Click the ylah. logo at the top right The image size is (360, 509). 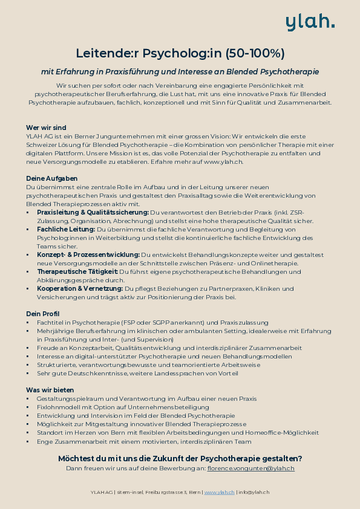310,22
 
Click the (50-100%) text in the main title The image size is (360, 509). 255,53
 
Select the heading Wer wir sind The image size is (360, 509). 46,128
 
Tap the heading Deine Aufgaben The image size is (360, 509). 51,178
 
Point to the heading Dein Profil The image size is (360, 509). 42,314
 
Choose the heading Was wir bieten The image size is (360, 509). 50,390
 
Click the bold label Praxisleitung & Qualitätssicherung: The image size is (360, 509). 93,213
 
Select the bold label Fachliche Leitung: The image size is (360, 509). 65,230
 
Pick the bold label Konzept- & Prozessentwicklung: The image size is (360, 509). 88,255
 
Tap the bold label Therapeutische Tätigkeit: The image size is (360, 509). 77,272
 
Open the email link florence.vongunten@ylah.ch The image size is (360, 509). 250,468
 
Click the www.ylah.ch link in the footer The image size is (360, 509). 220,493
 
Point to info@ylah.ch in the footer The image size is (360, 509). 255,493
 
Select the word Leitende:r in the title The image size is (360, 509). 104,53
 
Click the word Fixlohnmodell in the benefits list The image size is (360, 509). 57,407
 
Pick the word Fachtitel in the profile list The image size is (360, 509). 50,323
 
